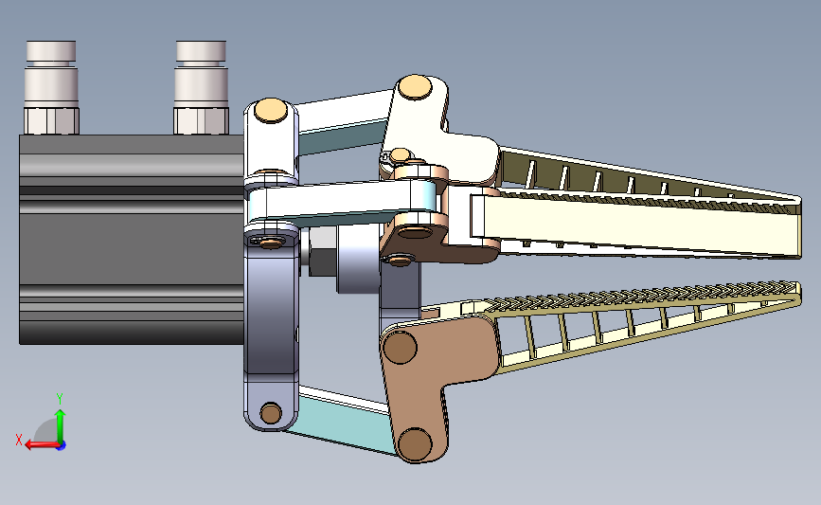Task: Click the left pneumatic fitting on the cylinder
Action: coord(51,87)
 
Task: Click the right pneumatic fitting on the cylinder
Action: coord(201,87)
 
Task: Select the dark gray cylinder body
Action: coord(132,240)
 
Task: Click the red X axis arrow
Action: coord(42,444)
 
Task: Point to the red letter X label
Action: coord(19,440)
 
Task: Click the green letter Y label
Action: coord(60,399)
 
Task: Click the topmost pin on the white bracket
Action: coord(415,87)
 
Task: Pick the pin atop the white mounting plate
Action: coord(271,111)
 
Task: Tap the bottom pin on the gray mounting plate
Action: coord(271,413)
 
